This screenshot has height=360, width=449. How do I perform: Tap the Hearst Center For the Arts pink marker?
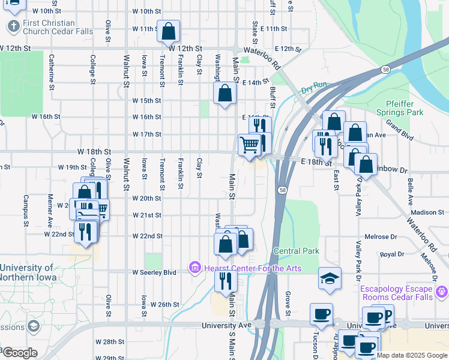point(194,267)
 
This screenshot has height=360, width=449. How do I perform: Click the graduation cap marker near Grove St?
point(330,278)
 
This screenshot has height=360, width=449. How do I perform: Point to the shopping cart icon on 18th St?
point(250,145)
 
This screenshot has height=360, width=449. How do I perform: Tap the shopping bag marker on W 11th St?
point(169,31)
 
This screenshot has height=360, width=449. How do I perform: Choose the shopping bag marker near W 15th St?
point(224,94)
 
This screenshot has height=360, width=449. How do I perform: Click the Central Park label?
point(296,250)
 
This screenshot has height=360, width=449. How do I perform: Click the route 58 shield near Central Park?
point(282,190)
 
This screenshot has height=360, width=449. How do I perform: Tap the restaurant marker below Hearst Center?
point(226,280)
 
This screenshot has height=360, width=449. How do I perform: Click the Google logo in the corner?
point(19,353)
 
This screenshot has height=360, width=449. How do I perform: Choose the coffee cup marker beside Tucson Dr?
point(321,314)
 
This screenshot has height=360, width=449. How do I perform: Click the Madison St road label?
point(427,212)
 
